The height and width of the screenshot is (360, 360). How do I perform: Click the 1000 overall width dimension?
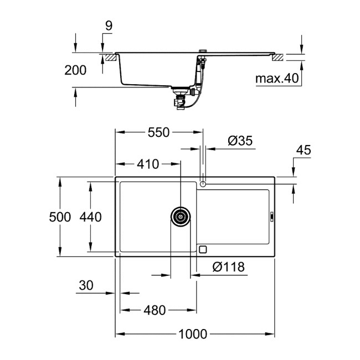tap(193, 334)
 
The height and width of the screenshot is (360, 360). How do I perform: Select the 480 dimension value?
tap(155, 311)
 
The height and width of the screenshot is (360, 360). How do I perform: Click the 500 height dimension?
tap(59, 217)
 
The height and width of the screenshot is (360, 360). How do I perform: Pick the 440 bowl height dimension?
tap(90, 217)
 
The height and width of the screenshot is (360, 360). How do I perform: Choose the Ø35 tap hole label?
tap(240, 141)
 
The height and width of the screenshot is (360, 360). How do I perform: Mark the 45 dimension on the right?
tap(304, 150)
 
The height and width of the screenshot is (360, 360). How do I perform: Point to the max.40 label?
tap(276, 79)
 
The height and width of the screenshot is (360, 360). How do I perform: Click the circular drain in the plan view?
tap(180, 217)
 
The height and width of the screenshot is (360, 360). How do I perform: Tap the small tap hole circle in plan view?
tap(203, 183)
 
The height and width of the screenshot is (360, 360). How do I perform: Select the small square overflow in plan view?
tap(203, 249)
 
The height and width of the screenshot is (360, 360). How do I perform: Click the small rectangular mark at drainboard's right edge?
tap(271, 217)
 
